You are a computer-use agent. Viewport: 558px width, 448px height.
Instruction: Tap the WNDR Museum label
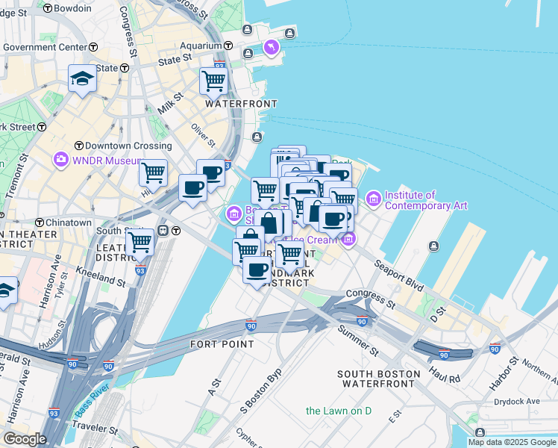(x=107, y=160)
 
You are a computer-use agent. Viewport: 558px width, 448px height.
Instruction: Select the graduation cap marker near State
(x=81, y=78)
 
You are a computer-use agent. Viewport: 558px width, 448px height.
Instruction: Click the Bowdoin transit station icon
(x=48, y=8)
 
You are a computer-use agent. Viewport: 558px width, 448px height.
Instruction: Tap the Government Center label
(x=45, y=47)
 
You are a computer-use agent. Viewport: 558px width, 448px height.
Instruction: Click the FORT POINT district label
(x=222, y=344)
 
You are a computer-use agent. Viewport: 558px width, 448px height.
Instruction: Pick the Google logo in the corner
(x=25, y=439)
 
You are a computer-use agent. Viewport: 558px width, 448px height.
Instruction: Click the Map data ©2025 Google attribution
(x=512, y=442)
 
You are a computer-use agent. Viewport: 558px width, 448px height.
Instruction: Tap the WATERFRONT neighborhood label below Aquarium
(x=241, y=104)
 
